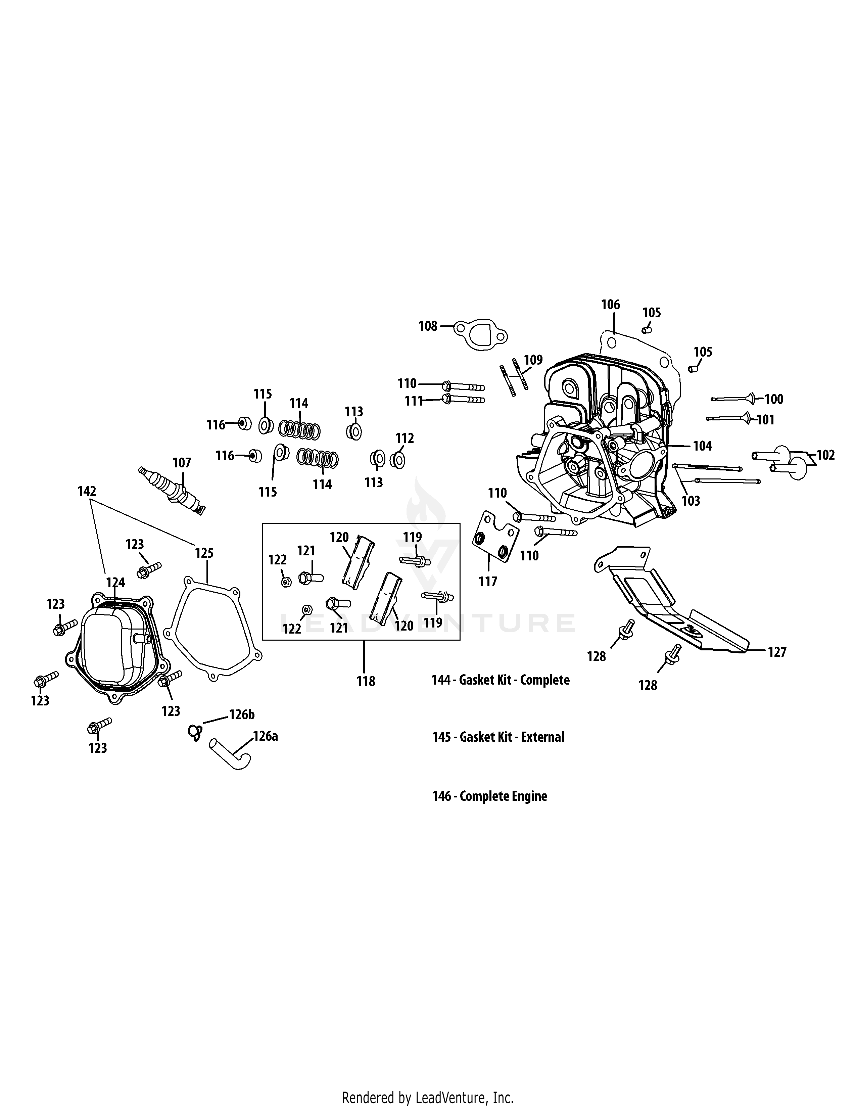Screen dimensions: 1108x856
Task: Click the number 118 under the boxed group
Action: click(366, 681)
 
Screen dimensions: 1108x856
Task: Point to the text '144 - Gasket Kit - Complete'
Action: click(500, 680)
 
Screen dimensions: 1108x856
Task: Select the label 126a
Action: click(265, 736)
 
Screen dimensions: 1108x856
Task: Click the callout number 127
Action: click(776, 652)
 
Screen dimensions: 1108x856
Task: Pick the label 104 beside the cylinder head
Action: click(702, 446)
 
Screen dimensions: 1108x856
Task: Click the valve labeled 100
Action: click(735, 399)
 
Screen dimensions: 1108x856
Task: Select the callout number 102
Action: click(825, 455)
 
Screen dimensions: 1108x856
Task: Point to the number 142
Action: click(87, 491)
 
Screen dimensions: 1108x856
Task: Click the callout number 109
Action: click(533, 360)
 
